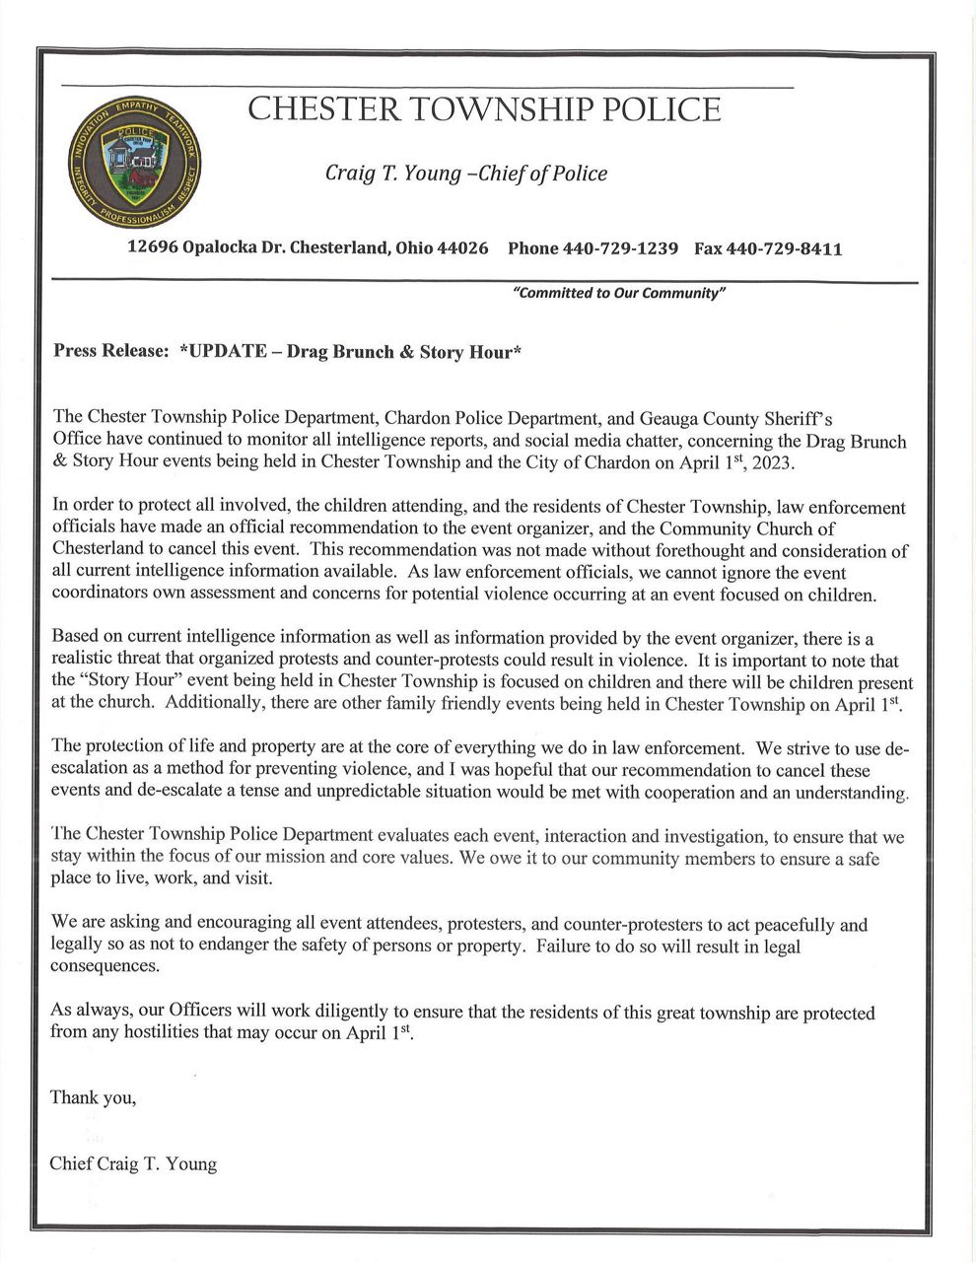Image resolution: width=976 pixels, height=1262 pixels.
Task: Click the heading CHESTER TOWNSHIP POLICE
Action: coord(484,109)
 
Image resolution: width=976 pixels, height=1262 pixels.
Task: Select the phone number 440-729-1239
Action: coord(620,249)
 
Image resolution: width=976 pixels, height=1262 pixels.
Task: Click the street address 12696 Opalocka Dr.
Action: coord(214,249)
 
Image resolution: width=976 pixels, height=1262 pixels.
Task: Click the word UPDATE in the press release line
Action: coord(224,352)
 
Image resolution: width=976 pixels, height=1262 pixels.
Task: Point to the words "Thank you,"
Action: coord(93,1097)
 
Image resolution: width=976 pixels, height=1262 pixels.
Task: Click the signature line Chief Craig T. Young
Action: coord(133,1164)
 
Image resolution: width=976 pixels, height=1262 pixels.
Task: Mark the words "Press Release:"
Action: coord(110,352)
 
